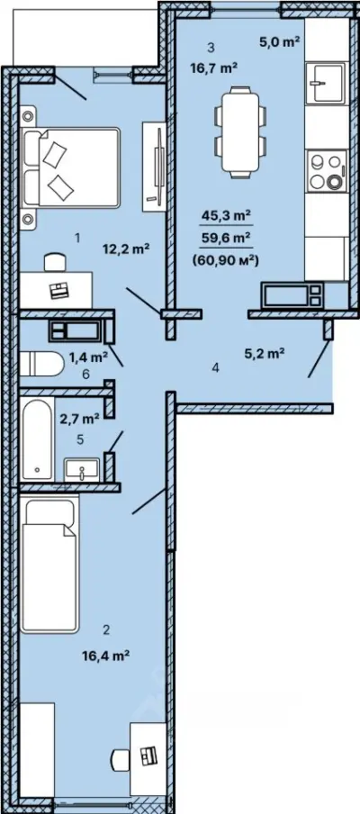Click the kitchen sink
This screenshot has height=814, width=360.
[x=325, y=83]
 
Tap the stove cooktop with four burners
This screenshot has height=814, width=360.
[x=326, y=171]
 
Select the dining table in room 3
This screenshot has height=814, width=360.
[x=239, y=131]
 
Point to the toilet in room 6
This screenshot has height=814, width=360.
[x=41, y=364]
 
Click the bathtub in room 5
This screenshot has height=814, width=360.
[x=37, y=439]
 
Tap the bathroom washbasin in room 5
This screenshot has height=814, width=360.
[x=81, y=470]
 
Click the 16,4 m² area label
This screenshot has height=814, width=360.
[x=105, y=656]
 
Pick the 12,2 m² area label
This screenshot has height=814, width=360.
[x=127, y=249]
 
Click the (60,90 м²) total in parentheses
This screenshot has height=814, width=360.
[x=225, y=262]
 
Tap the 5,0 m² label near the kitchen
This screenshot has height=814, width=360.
[x=281, y=42]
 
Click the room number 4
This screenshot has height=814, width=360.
[x=216, y=368]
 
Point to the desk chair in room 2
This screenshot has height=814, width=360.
[x=121, y=759]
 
